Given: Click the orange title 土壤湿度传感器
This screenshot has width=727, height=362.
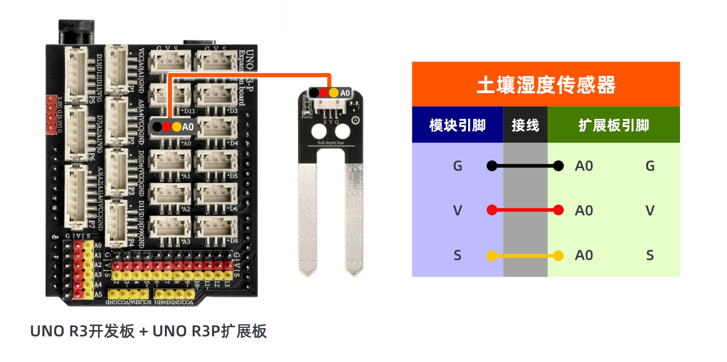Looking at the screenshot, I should (x=545, y=85).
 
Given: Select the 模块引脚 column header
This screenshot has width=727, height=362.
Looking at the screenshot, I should (x=457, y=125).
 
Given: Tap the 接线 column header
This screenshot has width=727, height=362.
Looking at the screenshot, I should (x=525, y=125).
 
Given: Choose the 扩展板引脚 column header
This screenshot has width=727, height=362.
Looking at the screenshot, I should (x=613, y=125).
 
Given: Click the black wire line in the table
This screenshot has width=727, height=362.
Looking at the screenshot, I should (x=525, y=166).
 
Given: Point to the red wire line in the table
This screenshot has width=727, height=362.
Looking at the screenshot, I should (x=525, y=210).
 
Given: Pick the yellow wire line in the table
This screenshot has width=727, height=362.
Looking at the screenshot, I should (x=525, y=256).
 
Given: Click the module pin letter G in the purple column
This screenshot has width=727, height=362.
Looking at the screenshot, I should (x=457, y=166).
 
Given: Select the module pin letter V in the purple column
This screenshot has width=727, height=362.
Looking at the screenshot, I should (x=457, y=211).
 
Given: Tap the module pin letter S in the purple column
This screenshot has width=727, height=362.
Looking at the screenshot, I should (x=457, y=256).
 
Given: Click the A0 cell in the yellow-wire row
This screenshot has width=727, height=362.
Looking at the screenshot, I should (x=584, y=256).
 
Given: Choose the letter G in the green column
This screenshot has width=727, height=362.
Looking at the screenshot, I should (x=650, y=166).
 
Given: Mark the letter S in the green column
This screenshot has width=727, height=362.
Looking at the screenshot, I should (x=650, y=256).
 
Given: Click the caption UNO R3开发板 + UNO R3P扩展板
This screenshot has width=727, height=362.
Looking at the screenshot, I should (x=148, y=332).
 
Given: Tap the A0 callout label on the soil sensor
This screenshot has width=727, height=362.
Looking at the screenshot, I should (x=345, y=93).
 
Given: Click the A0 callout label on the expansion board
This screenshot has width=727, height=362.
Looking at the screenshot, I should (x=188, y=127).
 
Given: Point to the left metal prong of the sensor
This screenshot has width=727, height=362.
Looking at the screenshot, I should (x=307, y=218).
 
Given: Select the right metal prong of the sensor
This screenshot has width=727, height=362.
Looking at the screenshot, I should (x=354, y=218).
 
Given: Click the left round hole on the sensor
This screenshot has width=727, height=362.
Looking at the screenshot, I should (x=319, y=132).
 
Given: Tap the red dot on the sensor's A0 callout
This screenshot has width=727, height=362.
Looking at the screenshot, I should (x=324, y=93).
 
